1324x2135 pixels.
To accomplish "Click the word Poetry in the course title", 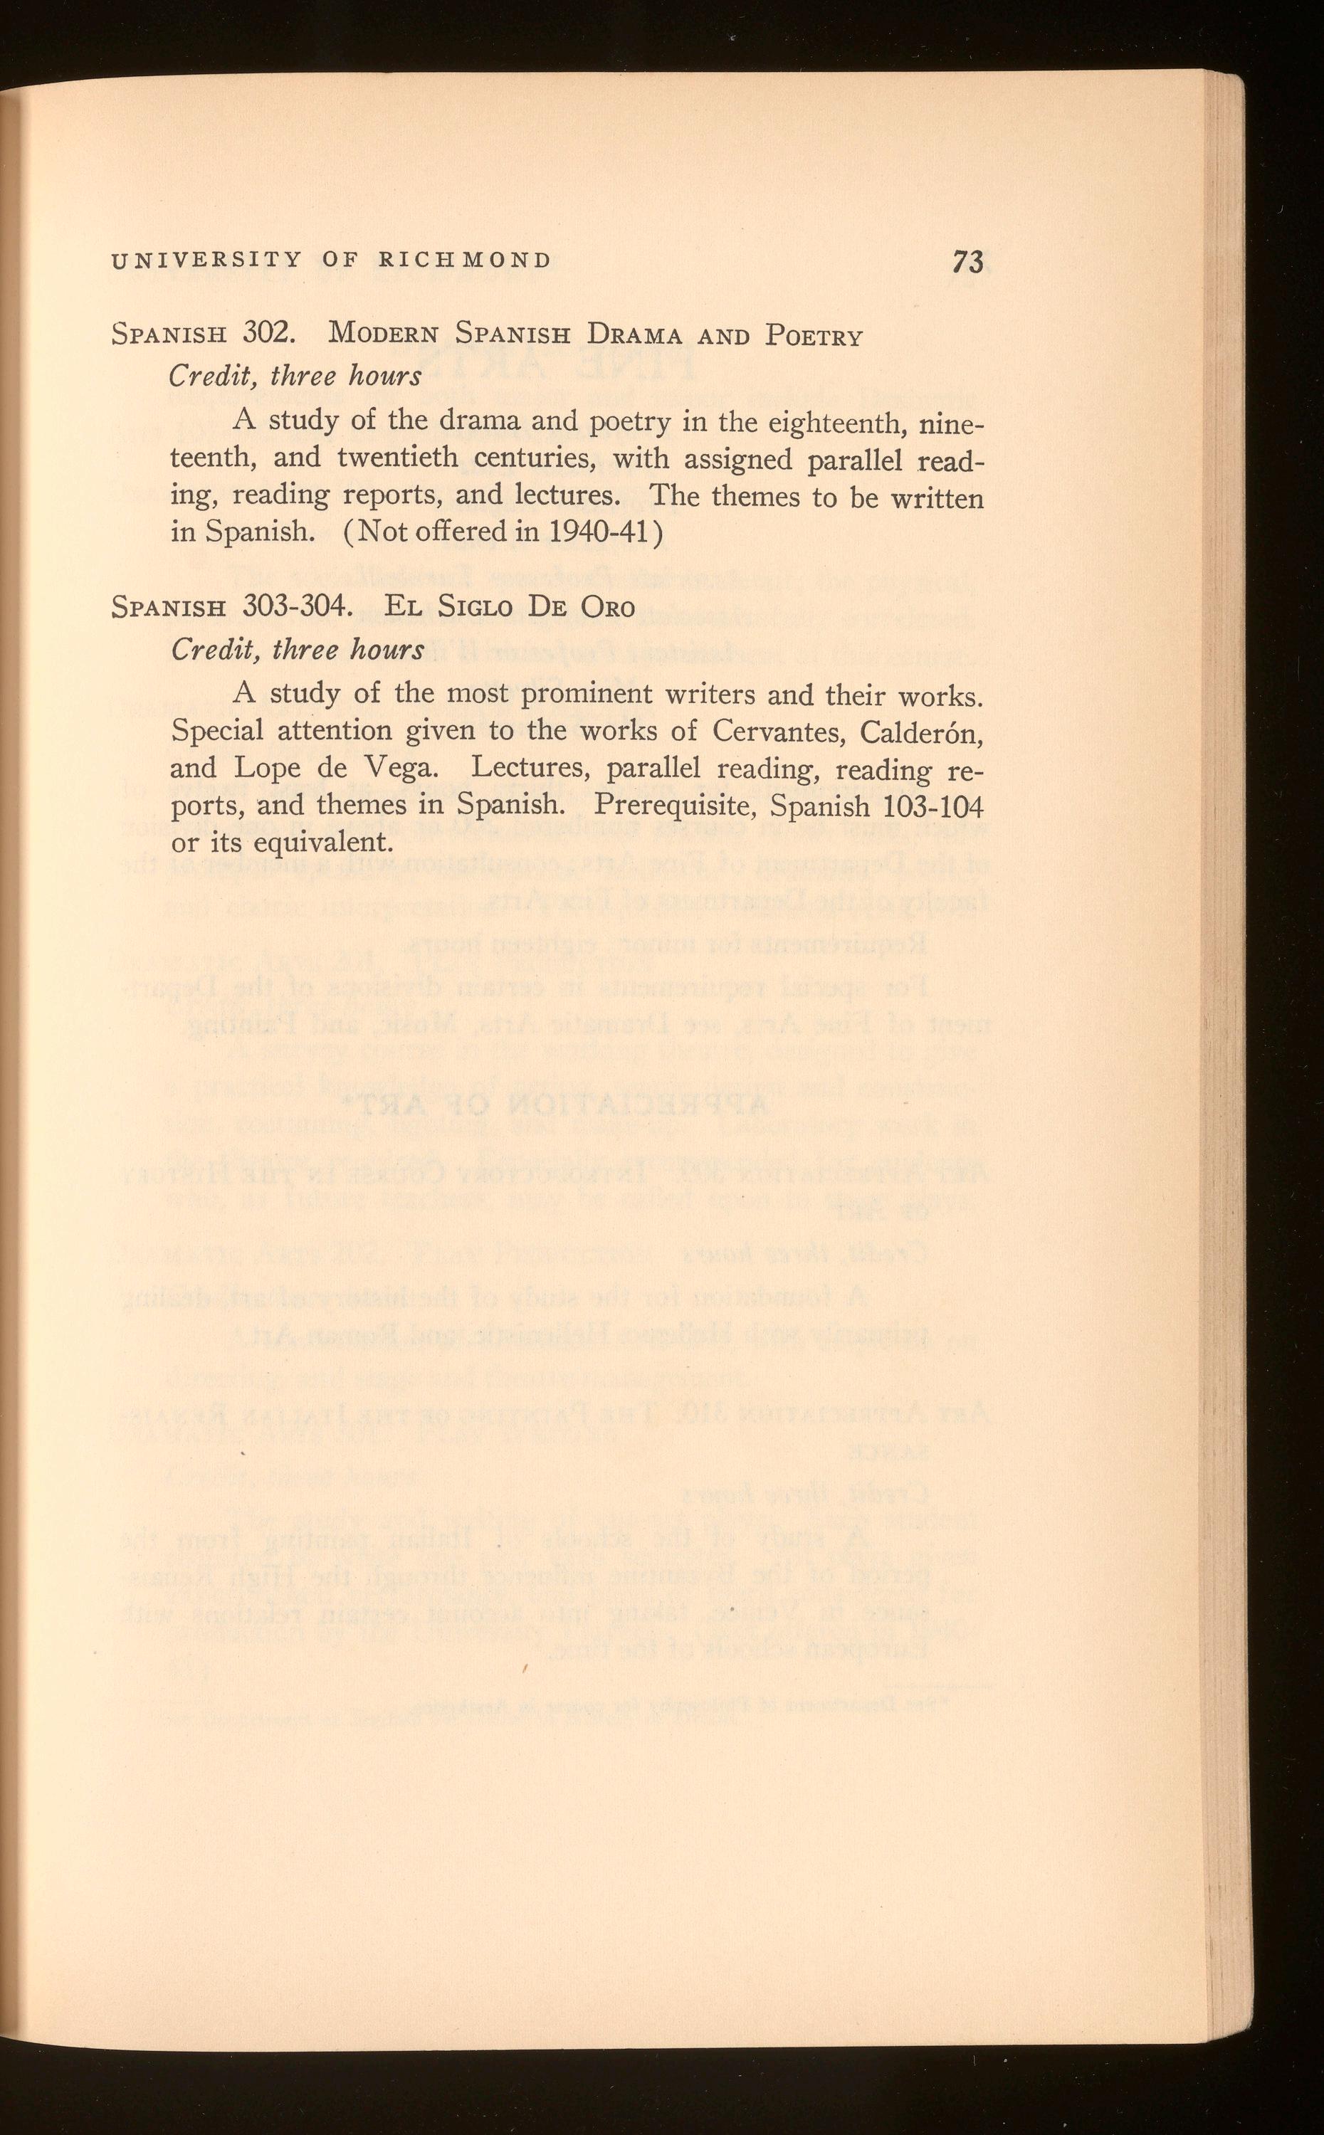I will pyautogui.click(x=814, y=336).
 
